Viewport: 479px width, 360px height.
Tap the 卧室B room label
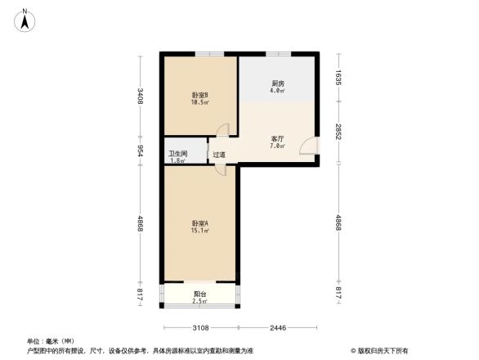point(199,95)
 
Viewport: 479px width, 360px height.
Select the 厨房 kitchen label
point(278,84)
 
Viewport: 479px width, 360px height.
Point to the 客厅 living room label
point(277,139)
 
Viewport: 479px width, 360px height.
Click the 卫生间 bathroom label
point(177,153)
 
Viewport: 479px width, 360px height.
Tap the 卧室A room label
point(199,223)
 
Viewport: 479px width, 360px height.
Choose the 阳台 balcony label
point(199,294)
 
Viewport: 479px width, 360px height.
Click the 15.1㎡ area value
point(199,231)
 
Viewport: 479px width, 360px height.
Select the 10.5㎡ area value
point(199,102)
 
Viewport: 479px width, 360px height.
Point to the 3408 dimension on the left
point(141,96)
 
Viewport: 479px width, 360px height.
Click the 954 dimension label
point(141,150)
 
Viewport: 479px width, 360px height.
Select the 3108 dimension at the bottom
point(201,328)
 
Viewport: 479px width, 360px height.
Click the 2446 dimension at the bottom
point(279,328)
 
